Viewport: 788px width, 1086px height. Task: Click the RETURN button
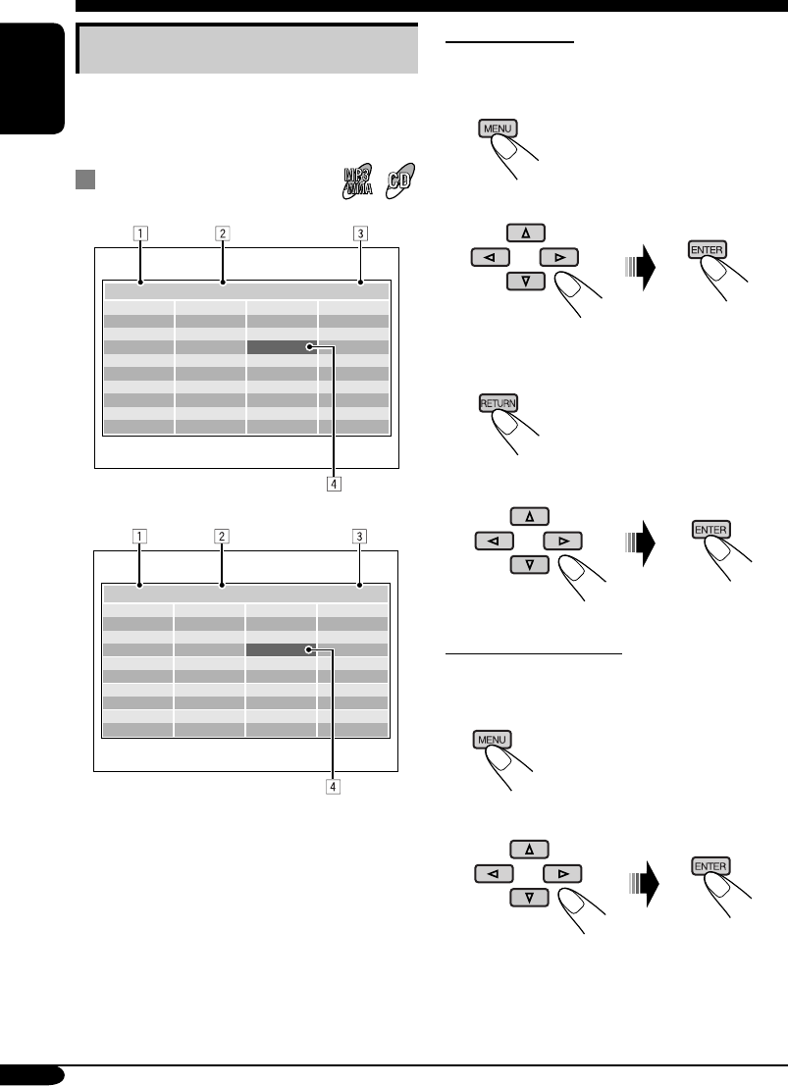[x=498, y=403]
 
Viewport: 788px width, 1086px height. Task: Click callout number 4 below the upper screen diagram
[x=334, y=484]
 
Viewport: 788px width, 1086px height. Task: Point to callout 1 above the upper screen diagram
[x=142, y=234]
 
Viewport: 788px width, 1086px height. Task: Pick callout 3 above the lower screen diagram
[x=361, y=537]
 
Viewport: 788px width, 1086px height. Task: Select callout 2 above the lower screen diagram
[x=223, y=537]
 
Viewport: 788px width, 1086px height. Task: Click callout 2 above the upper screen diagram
[x=223, y=234]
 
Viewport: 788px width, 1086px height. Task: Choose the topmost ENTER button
[x=709, y=250]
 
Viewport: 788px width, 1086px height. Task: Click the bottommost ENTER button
[x=709, y=867]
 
